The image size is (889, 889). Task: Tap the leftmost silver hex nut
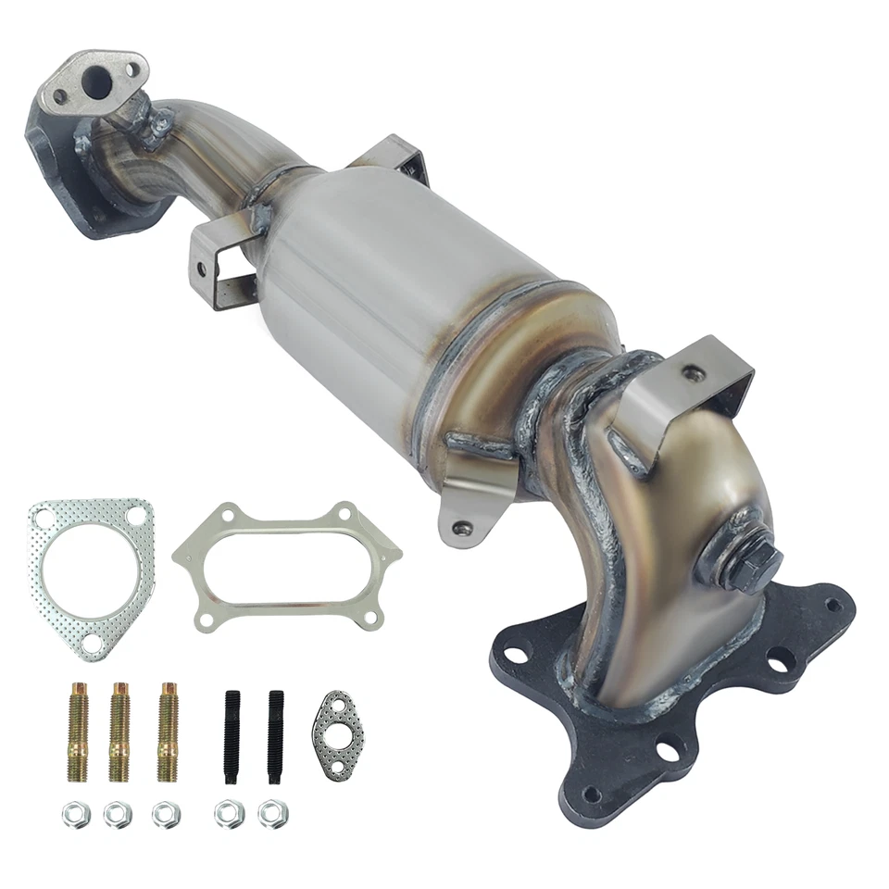click(x=75, y=814)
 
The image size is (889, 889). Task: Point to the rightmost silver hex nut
click(x=273, y=814)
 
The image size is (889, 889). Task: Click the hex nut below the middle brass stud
click(x=119, y=814)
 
